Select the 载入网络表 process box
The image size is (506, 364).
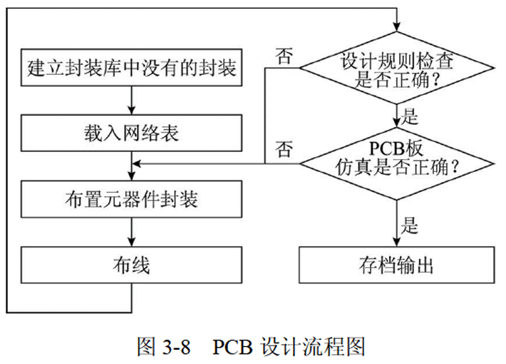(x=132, y=133)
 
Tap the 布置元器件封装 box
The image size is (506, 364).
(x=132, y=199)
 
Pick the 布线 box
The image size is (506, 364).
(x=132, y=265)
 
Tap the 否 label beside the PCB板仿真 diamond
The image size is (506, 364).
(x=284, y=150)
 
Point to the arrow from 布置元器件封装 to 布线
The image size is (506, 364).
(x=132, y=232)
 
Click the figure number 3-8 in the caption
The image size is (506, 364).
(x=175, y=346)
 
